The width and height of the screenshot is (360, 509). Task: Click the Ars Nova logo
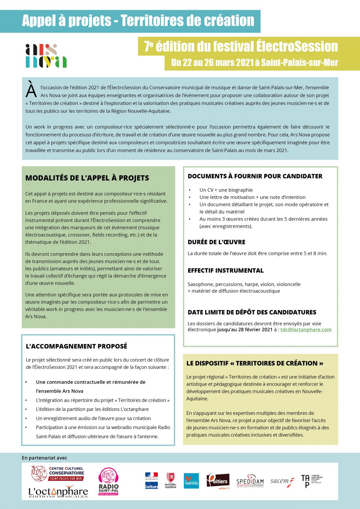coord(46,56)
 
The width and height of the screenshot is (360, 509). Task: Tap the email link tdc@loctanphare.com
coord(306,329)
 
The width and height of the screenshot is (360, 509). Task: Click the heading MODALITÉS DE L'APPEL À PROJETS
coord(87,178)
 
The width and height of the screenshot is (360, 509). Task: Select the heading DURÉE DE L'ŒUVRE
coord(216,242)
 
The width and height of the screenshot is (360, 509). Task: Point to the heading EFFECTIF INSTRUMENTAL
coord(225,271)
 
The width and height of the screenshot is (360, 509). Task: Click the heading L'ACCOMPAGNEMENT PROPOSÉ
coord(77,346)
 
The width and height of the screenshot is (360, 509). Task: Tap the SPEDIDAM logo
coord(250,481)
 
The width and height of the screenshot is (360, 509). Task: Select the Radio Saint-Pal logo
coord(108,481)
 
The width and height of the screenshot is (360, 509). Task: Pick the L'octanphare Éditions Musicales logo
coord(58,492)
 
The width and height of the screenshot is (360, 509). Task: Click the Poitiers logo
coord(218,481)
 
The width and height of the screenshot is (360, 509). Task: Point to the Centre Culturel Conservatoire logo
coord(58,473)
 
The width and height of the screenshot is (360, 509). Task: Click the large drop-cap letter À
coord(31,90)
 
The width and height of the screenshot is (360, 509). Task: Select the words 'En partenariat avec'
coord(45,458)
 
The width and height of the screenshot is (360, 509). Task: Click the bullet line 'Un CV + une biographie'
coord(226,190)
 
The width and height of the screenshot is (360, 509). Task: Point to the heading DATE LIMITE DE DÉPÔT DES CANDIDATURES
coord(252,312)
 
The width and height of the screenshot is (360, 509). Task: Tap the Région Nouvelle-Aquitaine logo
coord(171,481)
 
